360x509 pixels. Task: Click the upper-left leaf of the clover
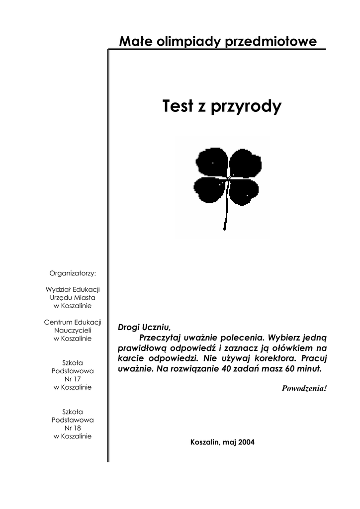coord(211,163)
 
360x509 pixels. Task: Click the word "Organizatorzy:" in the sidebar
coord(73,273)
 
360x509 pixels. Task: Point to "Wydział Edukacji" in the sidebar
coord(73,289)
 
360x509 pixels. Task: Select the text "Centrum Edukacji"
coord(73,322)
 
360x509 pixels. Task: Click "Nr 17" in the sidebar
coord(73,379)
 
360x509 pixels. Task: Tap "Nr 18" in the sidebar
coord(73,427)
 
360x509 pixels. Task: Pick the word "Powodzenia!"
coord(304,388)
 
